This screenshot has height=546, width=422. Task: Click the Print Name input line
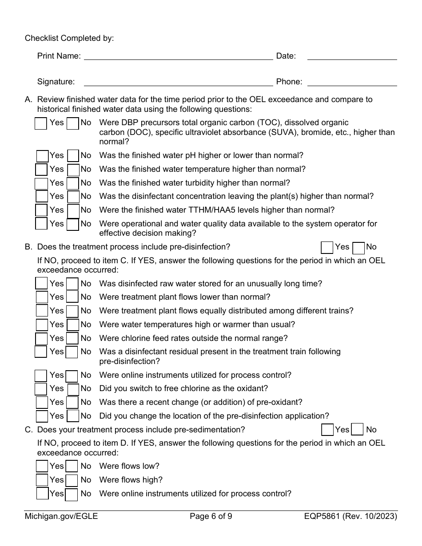(x=178, y=56)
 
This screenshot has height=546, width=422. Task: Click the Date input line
(x=352, y=56)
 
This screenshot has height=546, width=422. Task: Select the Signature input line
(x=178, y=82)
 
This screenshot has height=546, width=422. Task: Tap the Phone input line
(x=352, y=82)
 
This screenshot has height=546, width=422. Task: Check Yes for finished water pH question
(x=42, y=156)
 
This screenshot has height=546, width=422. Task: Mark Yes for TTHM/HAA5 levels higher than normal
(x=41, y=210)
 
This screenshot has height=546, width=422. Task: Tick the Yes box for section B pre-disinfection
(x=327, y=247)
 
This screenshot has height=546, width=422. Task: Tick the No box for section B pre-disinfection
(x=358, y=247)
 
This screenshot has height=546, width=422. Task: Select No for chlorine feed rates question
(x=72, y=339)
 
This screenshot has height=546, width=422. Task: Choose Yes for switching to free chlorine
(x=41, y=389)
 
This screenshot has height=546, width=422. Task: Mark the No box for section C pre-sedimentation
(x=357, y=430)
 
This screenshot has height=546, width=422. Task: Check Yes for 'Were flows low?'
(x=42, y=467)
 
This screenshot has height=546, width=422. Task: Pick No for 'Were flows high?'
(x=72, y=480)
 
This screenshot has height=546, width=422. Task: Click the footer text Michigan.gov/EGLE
(x=61, y=516)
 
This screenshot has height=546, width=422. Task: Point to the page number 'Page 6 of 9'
(x=211, y=516)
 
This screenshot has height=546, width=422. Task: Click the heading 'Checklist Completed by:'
(x=69, y=38)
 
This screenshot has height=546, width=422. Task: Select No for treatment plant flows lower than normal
(x=72, y=297)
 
